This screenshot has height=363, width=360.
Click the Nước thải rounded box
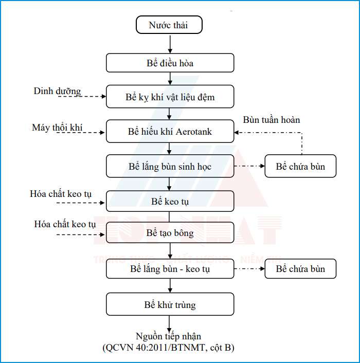(169, 25)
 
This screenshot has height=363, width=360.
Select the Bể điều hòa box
(170, 63)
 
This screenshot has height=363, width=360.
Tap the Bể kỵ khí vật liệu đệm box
(170, 97)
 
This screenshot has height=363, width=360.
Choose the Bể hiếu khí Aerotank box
(170, 132)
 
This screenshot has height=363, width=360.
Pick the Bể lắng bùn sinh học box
(170, 167)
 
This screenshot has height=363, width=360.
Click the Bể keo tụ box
(170, 201)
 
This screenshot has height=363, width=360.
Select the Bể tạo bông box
(170, 233)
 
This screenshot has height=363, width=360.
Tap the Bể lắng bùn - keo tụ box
(170, 269)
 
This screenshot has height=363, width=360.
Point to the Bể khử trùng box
(170, 304)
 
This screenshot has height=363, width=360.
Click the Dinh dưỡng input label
(57, 92)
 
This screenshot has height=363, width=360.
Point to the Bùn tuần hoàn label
(271, 120)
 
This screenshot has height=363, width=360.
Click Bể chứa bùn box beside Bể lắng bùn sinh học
(300, 167)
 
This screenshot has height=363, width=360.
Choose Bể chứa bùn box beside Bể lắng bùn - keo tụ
(300, 269)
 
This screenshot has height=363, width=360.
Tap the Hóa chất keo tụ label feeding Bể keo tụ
(61, 194)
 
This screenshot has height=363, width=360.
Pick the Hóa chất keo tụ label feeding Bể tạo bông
(65, 224)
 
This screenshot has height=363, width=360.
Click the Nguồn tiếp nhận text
(169, 336)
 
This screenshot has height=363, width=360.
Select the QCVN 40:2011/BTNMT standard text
(169, 348)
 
